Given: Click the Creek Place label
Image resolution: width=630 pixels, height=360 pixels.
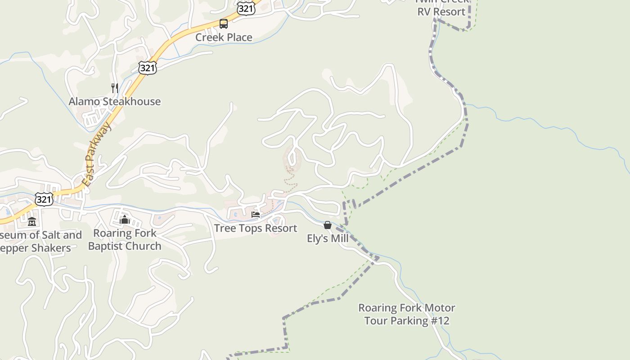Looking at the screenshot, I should tap(224, 37).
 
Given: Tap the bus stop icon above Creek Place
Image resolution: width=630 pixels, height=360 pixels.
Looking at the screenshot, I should tap(224, 24).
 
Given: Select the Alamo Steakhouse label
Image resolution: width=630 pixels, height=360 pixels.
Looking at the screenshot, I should tap(114, 102).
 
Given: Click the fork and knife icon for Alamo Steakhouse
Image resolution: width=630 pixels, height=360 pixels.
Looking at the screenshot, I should tap(115, 88).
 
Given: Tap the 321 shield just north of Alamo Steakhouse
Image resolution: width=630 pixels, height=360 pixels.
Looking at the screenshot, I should tap(148, 68).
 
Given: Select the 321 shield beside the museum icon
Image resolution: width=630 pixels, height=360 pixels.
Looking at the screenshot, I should tap(44, 199).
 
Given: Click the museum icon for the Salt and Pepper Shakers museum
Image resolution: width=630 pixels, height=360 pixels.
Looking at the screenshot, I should tap(32, 221).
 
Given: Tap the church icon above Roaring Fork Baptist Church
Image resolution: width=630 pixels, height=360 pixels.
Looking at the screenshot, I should tap(125, 220).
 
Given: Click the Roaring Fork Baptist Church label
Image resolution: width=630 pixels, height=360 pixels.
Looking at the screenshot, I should tap(125, 240).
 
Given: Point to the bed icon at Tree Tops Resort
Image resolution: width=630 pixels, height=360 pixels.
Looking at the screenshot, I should tap(256, 215).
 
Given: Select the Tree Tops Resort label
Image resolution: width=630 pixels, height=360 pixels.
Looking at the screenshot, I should tap(256, 228).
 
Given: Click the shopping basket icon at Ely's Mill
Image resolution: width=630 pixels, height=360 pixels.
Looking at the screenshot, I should tap(328, 225).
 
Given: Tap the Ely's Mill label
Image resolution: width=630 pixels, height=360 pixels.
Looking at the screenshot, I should tap(328, 238).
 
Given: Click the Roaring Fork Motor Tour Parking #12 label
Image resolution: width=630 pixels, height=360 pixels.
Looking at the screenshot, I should tap(406, 315).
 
